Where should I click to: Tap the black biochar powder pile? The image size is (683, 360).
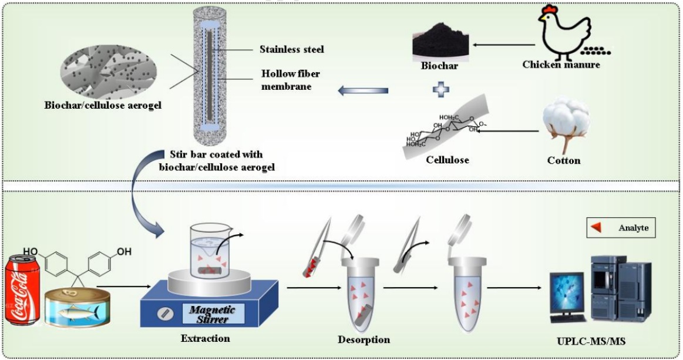click(x=441, y=42)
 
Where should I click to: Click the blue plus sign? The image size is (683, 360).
click(x=441, y=90)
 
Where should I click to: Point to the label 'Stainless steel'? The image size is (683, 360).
click(x=292, y=49)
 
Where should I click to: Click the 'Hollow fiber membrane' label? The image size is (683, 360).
click(x=291, y=80)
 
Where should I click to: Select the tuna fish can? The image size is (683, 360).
click(x=78, y=307)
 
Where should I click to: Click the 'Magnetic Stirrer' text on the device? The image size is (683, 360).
click(x=212, y=314)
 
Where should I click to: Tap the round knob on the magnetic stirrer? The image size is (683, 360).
click(x=165, y=314)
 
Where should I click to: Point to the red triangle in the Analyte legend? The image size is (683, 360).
click(x=596, y=227)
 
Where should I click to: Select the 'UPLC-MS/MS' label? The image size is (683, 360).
click(x=591, y=341)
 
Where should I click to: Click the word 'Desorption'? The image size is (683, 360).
click(x=364, y=339)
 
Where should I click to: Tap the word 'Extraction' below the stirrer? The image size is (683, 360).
click(x=205, y=338)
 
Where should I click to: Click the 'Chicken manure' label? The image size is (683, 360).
click(x=561, y=65)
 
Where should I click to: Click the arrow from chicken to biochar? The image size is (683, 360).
click(x=504, y=45)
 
